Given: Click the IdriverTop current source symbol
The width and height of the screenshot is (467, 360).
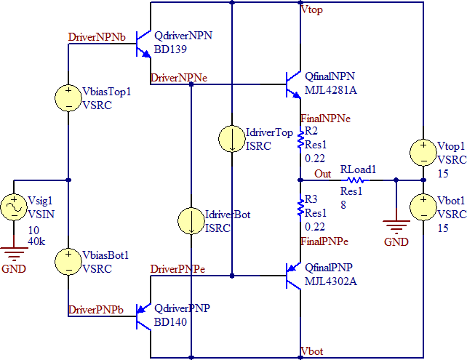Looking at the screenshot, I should point(231,139).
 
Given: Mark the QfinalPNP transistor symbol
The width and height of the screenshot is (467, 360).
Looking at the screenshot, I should point(293,276).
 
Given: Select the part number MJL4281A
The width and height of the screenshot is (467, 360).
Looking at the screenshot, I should point(330,90).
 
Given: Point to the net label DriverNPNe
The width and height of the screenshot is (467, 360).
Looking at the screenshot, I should point(178,78).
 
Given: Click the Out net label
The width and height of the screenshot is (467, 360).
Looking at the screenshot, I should point(322,174).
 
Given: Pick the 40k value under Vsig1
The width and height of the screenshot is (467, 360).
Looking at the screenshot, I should point(36,241).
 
